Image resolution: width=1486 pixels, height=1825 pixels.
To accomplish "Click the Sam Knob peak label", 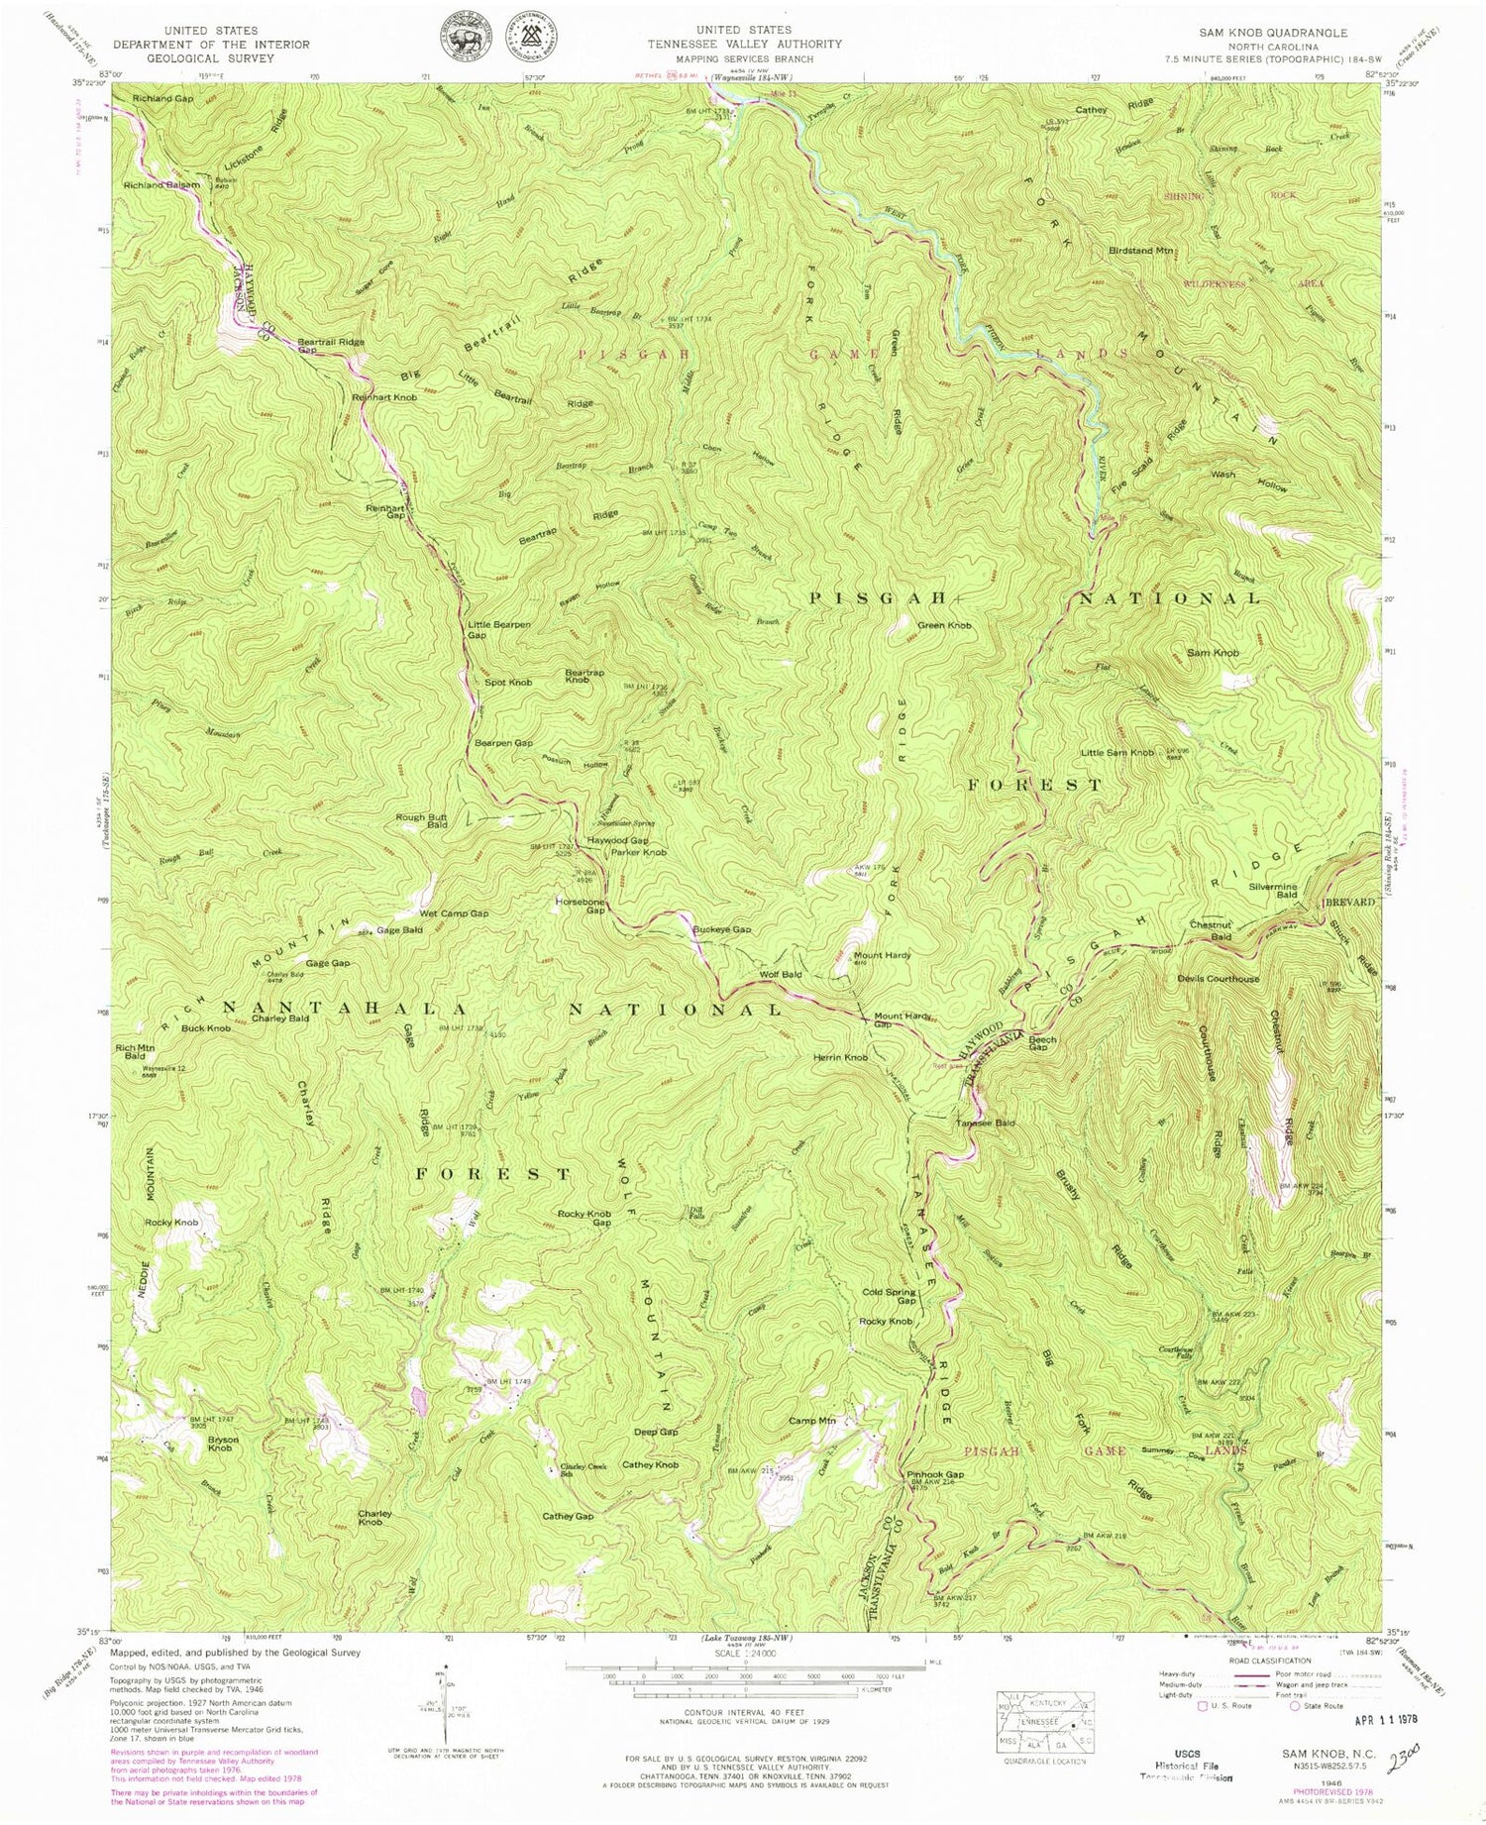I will (1213, 653).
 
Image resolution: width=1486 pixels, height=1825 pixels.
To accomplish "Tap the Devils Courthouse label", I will (1218, 979).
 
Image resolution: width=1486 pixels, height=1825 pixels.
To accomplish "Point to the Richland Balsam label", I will (161, 185).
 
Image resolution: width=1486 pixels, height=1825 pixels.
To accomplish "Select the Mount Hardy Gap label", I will (902, 1020).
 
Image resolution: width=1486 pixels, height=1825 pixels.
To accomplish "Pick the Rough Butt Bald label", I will (422, 820).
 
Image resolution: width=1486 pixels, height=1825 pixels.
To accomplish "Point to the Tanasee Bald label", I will (985, 1123).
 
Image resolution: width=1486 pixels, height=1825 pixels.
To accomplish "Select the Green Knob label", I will (944, 625).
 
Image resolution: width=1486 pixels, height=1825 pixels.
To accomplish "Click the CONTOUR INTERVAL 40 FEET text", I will (743, 1711).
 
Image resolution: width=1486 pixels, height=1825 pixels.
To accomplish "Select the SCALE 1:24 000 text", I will (743, 1655).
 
